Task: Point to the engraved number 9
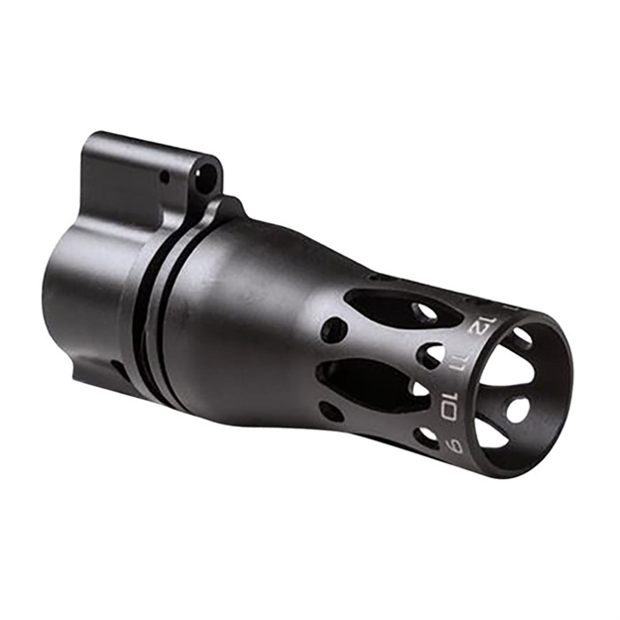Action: [454, 445]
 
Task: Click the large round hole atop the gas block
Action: [205, 178]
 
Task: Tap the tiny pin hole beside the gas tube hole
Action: [165, 178]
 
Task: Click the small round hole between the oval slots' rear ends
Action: [333, 331]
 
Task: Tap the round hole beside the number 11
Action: [431, 355]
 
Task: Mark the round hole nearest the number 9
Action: [426, 435]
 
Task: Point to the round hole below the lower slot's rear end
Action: [331, 409]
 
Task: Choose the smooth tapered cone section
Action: [248, 317]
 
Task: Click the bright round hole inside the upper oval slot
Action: [424, 310]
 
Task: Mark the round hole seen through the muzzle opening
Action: [518, 408]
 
